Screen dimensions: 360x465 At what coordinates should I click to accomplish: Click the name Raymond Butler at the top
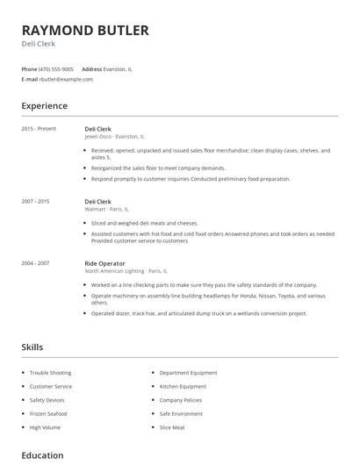point(85,31)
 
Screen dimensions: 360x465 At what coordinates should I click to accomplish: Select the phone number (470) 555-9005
point(56,68)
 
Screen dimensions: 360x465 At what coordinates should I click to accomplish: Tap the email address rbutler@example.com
point(66,79)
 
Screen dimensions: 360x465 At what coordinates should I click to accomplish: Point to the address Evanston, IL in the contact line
point(119,68)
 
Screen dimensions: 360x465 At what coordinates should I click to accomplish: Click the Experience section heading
point(44,106)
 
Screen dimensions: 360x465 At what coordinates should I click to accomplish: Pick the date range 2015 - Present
point(39,129)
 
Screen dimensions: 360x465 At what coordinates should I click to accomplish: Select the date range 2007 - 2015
point(35,201)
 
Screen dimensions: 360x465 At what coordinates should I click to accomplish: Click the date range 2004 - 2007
point(35,263)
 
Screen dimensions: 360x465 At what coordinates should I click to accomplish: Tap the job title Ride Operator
point(104,263)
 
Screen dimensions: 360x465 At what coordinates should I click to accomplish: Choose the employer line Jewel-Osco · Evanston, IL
point(115,137)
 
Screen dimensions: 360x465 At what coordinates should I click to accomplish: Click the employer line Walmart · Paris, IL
point(106,209)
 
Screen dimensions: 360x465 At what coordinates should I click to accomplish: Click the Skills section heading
point(32,347)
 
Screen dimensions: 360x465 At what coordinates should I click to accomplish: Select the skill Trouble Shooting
point(51,373)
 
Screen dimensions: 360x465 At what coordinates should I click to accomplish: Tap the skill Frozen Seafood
point(48,413)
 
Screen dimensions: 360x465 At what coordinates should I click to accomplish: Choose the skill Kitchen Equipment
point(183,386)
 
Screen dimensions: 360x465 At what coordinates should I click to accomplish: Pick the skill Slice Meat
point(172,426)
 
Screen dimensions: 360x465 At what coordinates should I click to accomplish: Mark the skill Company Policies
point(181,399)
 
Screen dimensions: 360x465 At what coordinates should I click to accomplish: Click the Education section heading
point(42,455)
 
